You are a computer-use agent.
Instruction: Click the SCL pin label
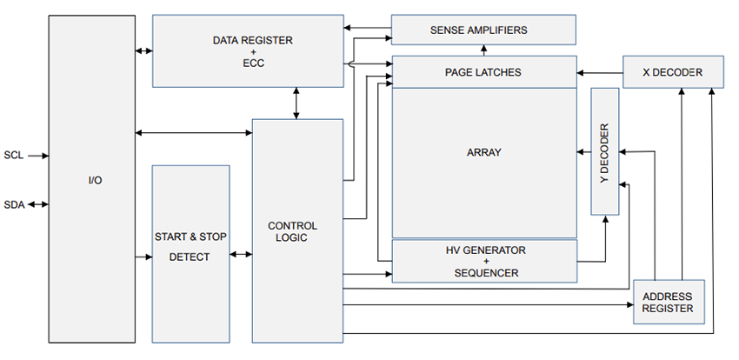click(13, 156)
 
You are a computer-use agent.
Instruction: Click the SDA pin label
click(13, 205)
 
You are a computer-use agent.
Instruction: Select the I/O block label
click(92, 180)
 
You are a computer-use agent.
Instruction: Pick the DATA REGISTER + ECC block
click(248, 50)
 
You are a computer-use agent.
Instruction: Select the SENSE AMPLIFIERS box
click(483, 30)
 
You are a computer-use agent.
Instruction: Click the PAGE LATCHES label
click(483, 72)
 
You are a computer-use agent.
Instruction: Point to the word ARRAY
click(483, 152)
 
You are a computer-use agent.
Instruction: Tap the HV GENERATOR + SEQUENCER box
click(483, 262)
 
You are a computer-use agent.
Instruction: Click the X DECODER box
click(672, 72)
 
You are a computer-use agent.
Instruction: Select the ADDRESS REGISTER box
click(667, 303)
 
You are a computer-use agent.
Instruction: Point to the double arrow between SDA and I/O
click(38, 205)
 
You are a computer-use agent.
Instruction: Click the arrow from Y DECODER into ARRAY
click(583, 150)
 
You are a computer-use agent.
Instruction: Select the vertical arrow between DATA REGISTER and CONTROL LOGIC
click(297, 103)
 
